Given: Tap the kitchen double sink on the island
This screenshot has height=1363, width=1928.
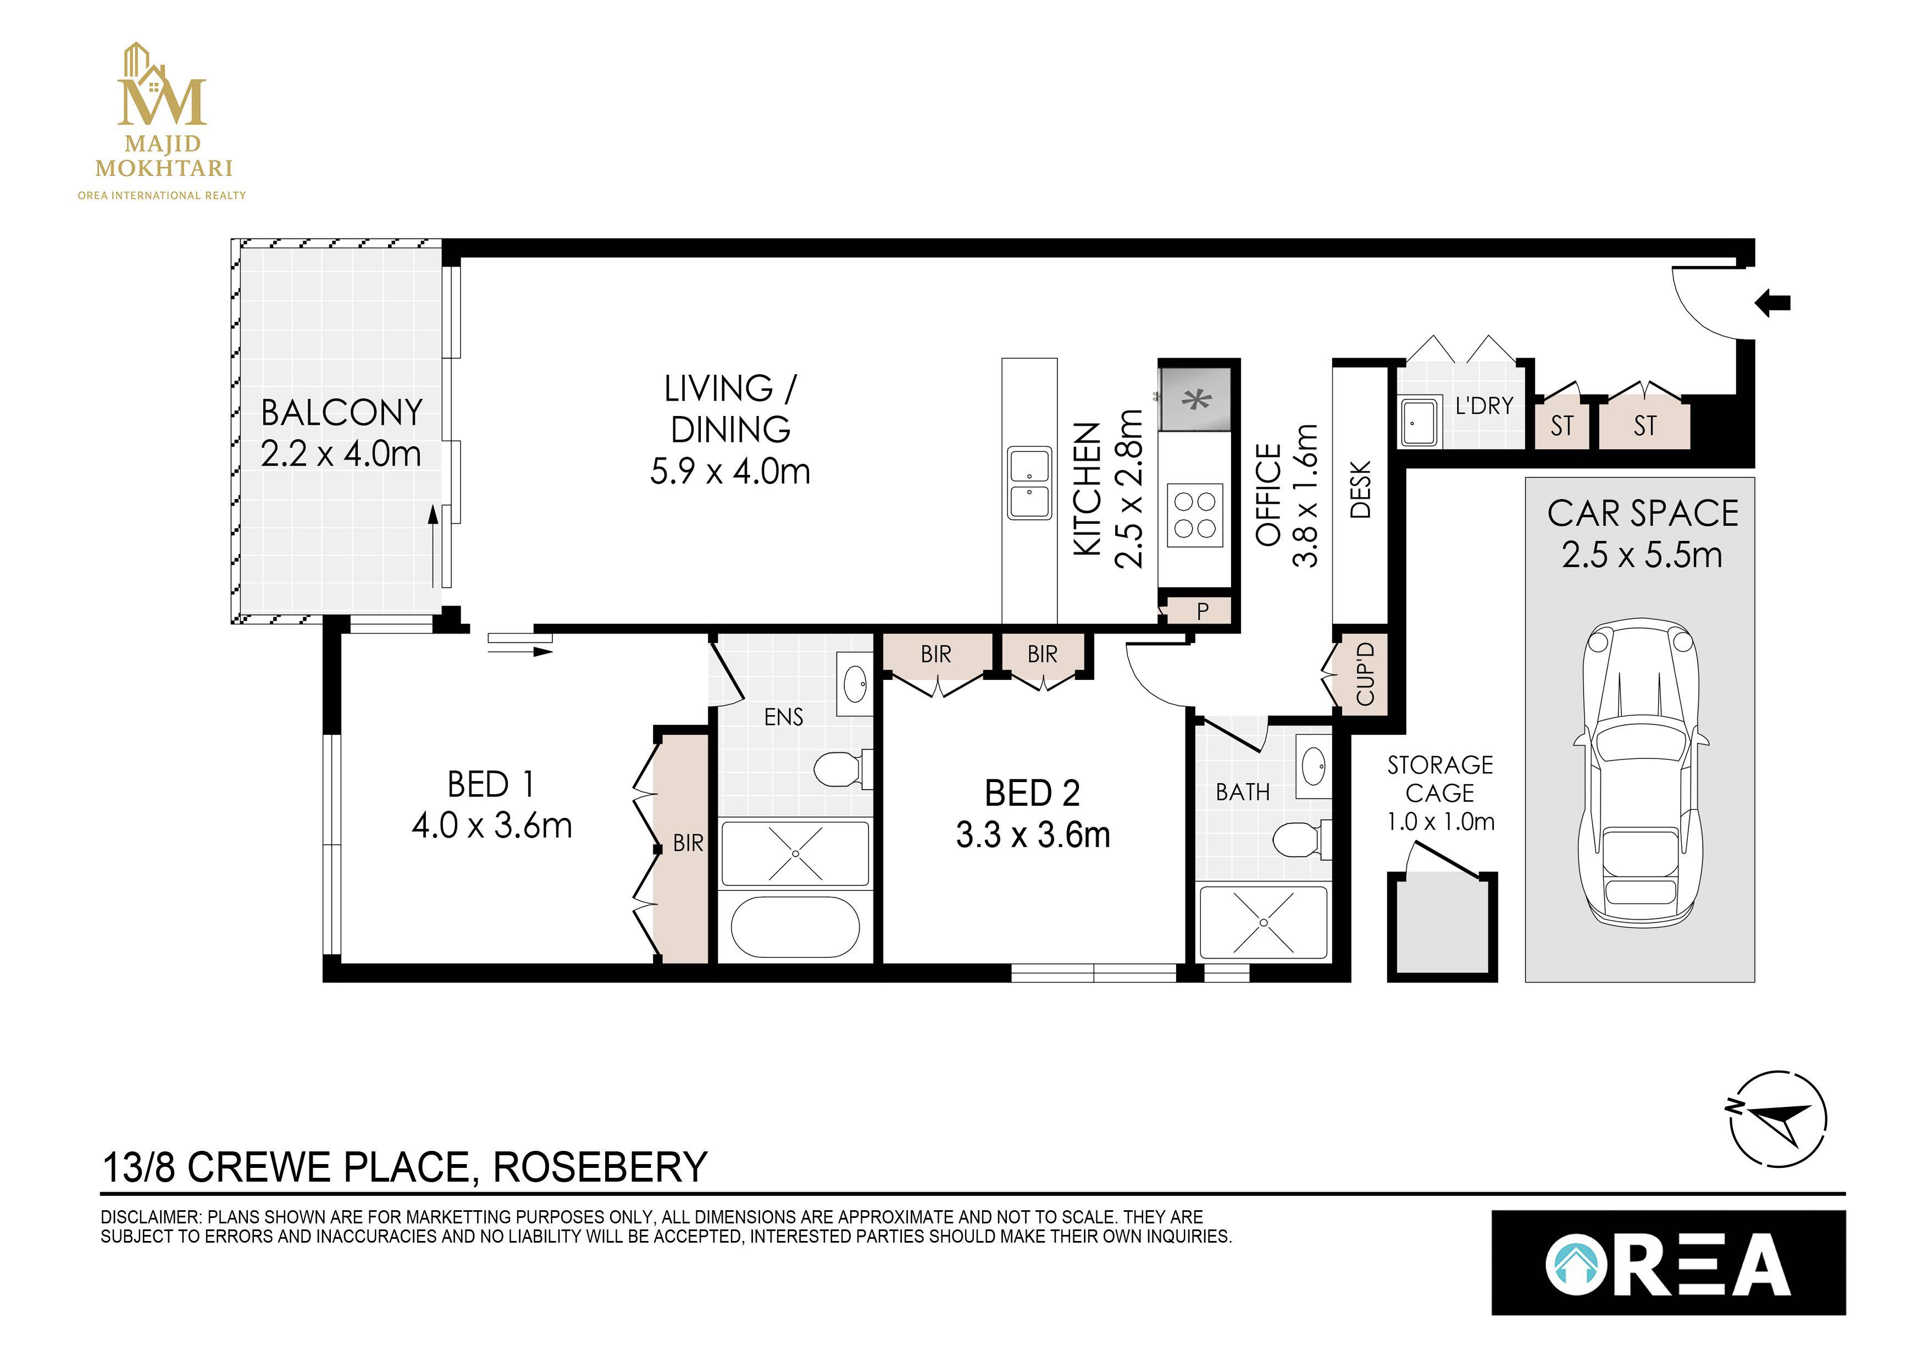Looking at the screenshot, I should [x=1029, y=483].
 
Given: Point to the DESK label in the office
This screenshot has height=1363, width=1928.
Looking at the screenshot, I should [x=1360, y=490].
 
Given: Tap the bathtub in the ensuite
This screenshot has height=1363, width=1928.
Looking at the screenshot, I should [x=794, y=927].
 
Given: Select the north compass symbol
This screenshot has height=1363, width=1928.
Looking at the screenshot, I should [x=1778, y=1120].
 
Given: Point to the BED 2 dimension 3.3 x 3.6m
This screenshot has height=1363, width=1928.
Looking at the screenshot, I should [x=1032, y=835].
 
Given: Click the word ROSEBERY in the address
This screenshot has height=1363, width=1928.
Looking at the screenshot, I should [x=600, y=1167].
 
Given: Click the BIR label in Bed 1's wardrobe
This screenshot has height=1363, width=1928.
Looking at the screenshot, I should [x=688, y=843].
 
